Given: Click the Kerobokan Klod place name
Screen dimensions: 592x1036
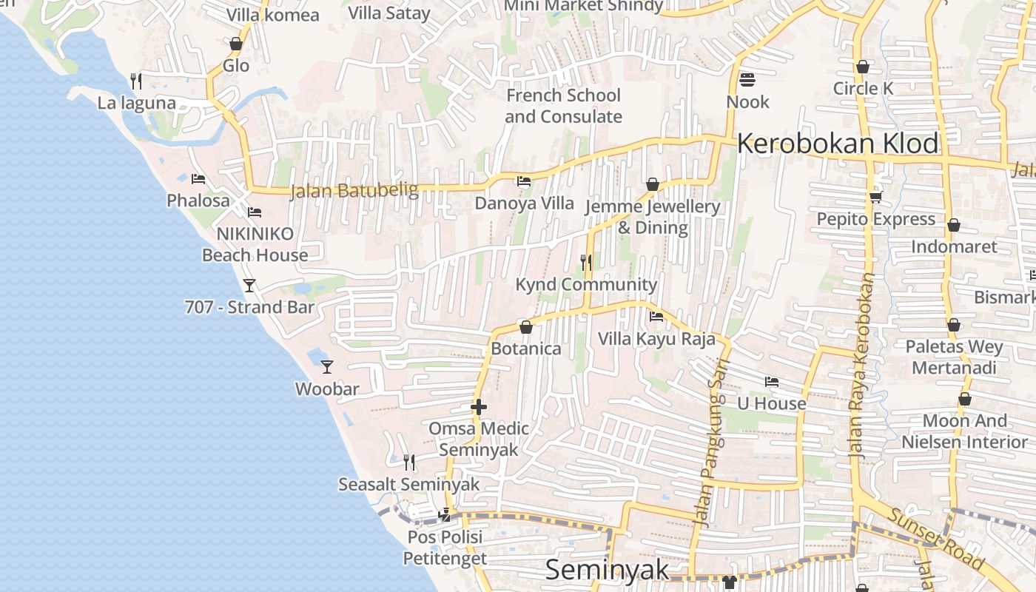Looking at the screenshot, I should (x=838, y=144).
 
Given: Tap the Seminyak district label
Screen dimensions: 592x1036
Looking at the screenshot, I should (x=607, y=570).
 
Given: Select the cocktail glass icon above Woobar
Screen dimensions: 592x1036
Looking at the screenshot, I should (x=326, y=366).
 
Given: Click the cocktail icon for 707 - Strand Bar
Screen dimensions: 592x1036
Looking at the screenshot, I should (x=249, y=285).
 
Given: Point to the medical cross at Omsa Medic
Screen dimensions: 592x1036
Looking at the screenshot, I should (x=479, y=406).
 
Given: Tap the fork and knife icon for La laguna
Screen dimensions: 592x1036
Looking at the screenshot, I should (x=135, y=81).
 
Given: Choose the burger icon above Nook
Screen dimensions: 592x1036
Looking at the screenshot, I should (x=747, y=79).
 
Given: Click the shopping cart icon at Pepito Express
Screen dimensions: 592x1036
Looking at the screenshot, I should (x=876, y=197).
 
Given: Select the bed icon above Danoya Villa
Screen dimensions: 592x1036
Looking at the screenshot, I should (x=524, y=181).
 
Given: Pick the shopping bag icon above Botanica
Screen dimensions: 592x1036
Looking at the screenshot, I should (x=526, y=326).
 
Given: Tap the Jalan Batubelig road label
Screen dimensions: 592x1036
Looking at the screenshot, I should (x=354, y=191).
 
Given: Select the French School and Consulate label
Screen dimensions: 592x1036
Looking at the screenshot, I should (x=563, y=106).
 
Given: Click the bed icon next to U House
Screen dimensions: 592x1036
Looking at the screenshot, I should (x=772, y=382).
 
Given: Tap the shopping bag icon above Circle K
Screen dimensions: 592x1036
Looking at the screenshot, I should (x=862, y=67).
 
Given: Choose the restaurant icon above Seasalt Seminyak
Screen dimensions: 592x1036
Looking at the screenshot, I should (x=408, y=462).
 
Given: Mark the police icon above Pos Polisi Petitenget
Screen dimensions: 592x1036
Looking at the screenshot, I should (x=445, y=514).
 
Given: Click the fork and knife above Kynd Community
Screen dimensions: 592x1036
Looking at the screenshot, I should (x=585, y=262).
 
